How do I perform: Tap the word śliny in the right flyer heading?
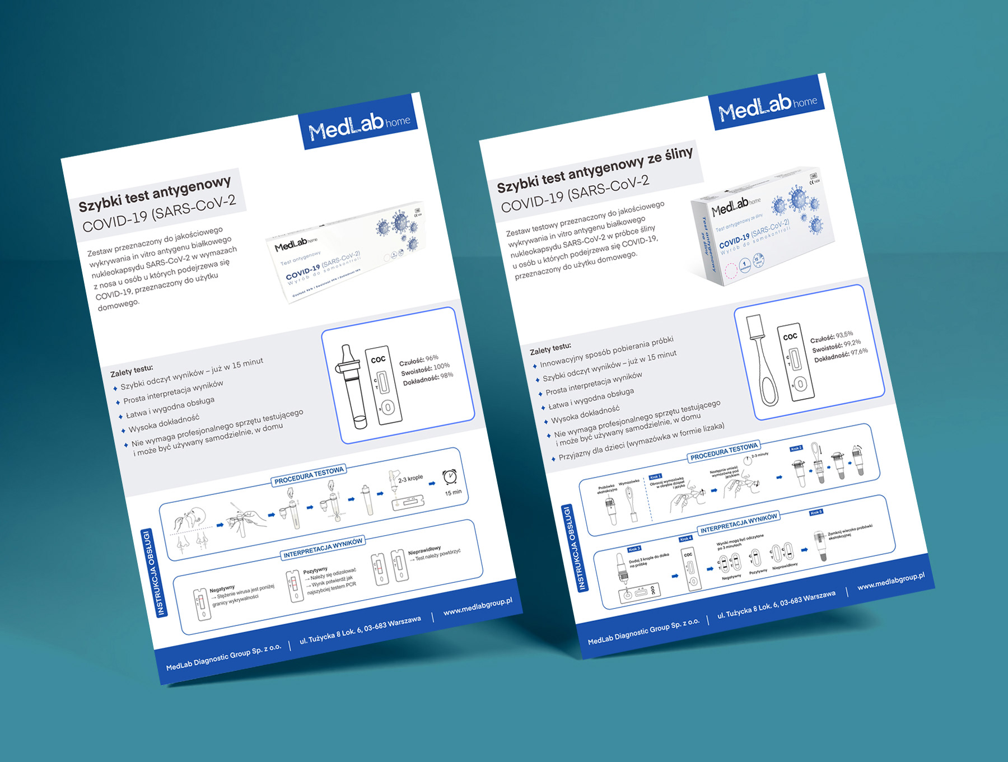click(x=678, y=154)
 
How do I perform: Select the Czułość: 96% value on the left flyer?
click(x=418, y=360)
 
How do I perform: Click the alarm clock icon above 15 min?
click(x=450, y=476)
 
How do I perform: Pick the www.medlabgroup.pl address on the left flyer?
click(x=477, y=607)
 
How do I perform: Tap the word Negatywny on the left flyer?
click(x=222, y=589)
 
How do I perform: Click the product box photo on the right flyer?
click(x=762, y=227)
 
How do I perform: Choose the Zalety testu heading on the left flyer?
click(x=132, y=370)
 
